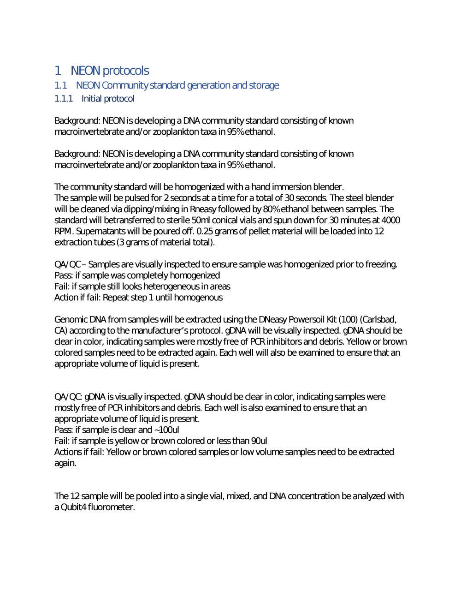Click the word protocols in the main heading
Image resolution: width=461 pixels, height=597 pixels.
pyautogui.click(x=126, y=71)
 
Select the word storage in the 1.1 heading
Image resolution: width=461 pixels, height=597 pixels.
pyautogui.click(x=264, y=85)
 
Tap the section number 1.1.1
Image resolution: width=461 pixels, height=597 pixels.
pyautogui.click(x=64, y=99)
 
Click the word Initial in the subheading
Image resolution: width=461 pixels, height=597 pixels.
pyautogui.click(x=91, y=99)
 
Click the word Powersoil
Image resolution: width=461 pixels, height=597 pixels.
pyautogui.click(x=301, y=320)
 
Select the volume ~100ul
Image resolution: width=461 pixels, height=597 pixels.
pyautogui.click(x=167, y=430)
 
